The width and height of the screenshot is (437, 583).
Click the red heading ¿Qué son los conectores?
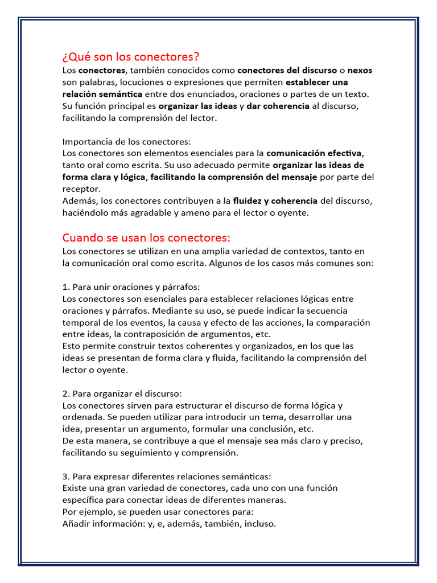click(x=131, y=57)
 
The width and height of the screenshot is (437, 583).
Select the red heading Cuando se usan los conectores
click(x=146, y=237)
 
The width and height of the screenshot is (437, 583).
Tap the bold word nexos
click(x=360, y=71)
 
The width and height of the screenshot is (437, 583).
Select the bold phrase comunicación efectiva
click(x=314, y=153)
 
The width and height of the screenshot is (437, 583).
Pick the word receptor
click(x=81, y=189)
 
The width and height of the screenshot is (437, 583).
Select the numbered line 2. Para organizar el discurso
click(x=122, y=394)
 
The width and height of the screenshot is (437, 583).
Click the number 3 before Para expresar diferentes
click(x=65, y=477)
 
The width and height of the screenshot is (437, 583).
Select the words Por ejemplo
click(x=87, y=512)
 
